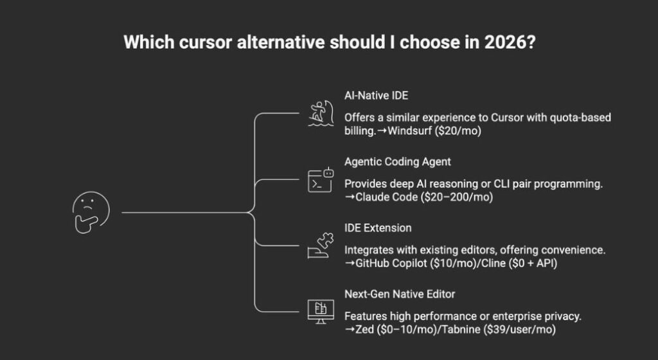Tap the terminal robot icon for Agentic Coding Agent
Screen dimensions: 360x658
[320, 181]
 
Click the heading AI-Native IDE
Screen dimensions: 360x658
[375, 96]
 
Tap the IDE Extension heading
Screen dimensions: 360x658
[378, 228]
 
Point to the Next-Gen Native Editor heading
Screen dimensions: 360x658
[400, 294]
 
